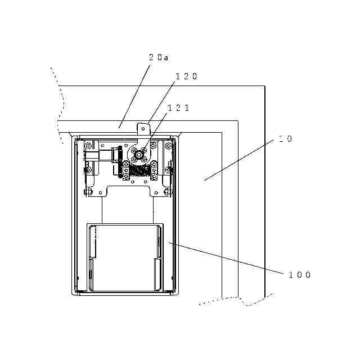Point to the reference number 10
286,138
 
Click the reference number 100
299,275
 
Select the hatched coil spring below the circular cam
139,168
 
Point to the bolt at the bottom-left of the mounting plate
88,192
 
